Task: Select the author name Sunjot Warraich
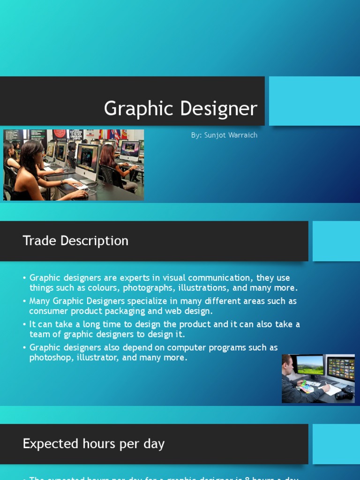pos(231,135)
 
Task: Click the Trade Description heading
pos(75,241)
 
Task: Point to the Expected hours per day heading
pos(94,444)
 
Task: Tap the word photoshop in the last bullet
pos(50,358)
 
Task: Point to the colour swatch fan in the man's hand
pos(306,386)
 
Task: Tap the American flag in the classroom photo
pos(115,137)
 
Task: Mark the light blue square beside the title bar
pos(315,101)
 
